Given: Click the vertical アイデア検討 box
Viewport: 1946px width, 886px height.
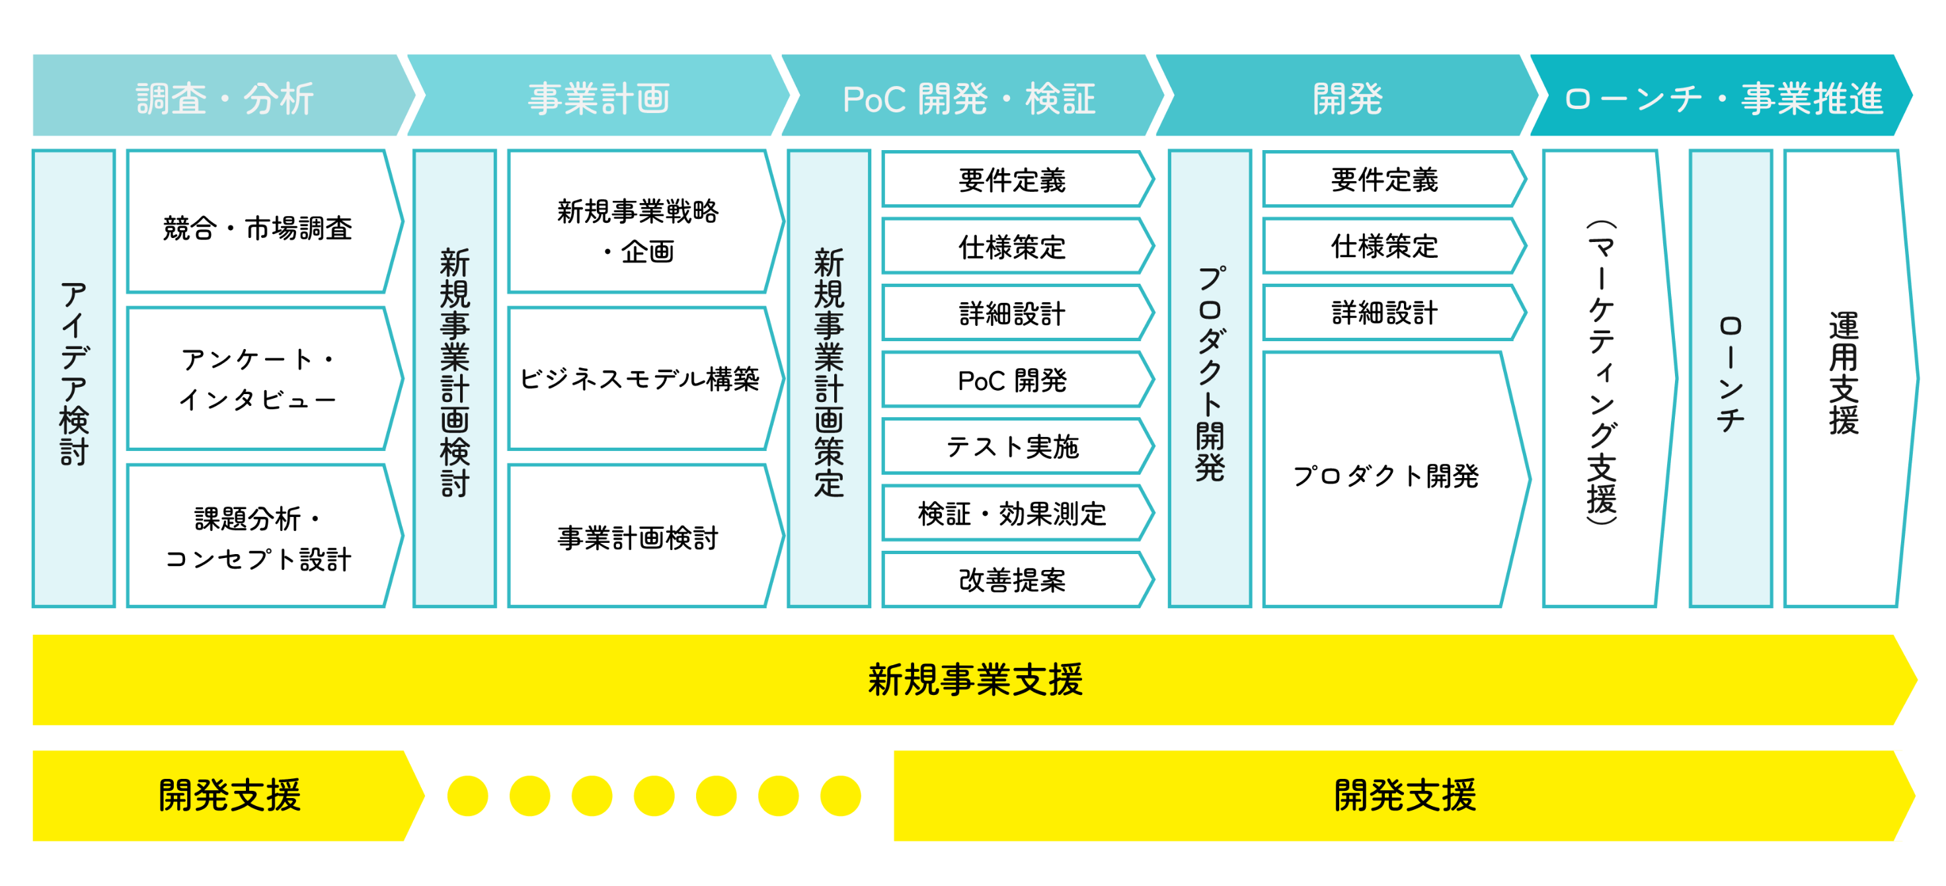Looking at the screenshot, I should (x=74, y=378).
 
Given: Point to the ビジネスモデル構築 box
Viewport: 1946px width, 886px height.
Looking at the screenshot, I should (x=639, y=378).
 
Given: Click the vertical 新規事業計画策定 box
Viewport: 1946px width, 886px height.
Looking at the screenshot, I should (x=829, y=378).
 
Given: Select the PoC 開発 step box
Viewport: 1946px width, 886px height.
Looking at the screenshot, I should (x=1012, y=380).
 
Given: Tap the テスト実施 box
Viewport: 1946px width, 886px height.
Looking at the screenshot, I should (x=1012, y=446).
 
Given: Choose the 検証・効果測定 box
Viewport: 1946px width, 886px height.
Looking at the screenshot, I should (x=1012, y=513).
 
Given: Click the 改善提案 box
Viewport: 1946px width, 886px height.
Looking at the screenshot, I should (x=1012, y=580).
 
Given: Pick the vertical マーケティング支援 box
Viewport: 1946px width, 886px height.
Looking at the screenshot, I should (x=1601, y=378).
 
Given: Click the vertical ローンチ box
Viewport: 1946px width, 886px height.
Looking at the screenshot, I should (x=1730, y=378).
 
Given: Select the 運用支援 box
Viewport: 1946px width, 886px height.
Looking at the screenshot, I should (x=1844, y=378).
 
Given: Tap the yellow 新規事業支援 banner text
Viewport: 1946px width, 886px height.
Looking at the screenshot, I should (x=974, y=679).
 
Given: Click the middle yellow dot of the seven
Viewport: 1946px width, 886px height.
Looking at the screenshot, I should (x=654, y=795).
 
